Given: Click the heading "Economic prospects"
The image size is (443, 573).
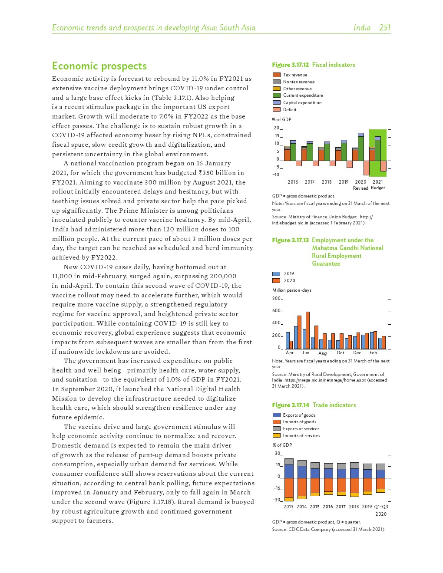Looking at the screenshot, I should [x=99, y=66].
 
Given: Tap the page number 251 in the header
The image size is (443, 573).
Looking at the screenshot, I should [x=384, y=28].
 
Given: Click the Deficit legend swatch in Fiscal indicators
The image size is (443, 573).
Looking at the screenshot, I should [x=276, y=109].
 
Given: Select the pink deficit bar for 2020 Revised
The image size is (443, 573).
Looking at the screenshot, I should [x=367, y=168].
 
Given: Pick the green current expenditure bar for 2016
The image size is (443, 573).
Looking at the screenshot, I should [x=293, y=152].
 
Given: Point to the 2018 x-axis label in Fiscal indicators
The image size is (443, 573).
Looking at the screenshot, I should [x=327, y=182].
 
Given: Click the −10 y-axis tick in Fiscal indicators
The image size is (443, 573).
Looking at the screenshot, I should [x=276, y=175].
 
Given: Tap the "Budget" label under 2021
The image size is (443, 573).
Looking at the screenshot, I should [x=378, y=188].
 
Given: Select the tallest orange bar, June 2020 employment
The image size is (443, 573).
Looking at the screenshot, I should [x=307, y=330].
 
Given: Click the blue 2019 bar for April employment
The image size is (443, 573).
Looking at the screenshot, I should [x=288, y=340].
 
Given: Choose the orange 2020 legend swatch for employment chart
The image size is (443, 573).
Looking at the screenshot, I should [x=276, y=280].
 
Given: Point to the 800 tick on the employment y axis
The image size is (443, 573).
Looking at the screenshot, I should [x=276, y=299].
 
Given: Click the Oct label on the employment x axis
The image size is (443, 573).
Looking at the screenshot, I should [x=341, y=353].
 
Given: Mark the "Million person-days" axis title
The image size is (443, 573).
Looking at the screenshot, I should [x=291, y=290].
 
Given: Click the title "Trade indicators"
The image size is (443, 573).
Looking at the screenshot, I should [x=334, y=405].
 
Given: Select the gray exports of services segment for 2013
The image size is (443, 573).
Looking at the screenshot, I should [x=289, y=461].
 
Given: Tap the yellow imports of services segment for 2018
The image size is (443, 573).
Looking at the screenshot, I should [x=354, y=495].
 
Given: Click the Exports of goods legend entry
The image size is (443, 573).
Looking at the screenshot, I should [x=299, y=415].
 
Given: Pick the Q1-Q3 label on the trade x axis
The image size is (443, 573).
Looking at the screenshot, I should [x=381, y=507].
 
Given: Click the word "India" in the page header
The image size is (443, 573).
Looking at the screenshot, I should [x=362, y=28].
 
